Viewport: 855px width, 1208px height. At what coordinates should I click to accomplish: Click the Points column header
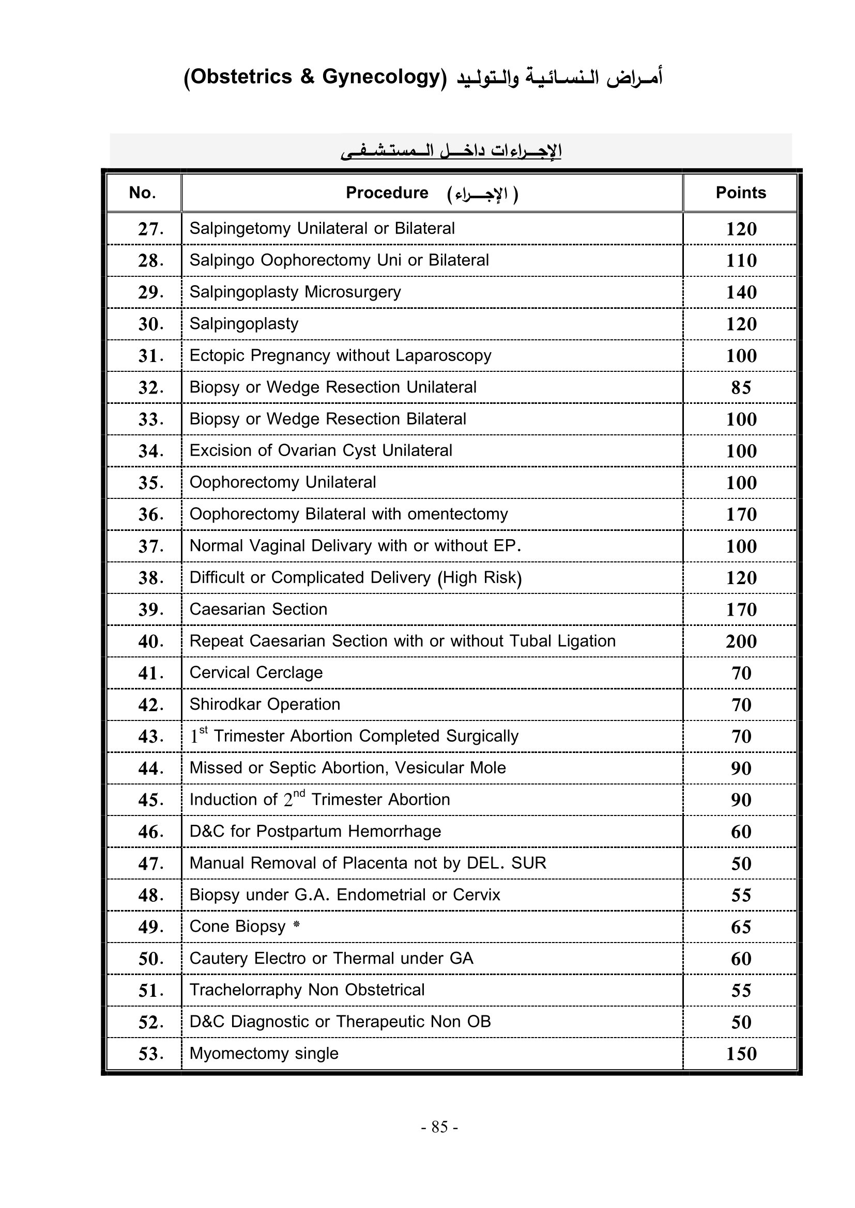(x=740, y=193)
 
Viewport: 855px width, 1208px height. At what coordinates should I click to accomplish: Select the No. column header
(x=142, y=193)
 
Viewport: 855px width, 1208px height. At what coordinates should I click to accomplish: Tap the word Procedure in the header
(x=387, y=193)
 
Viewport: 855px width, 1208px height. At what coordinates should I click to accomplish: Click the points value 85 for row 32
(x=741, y=388)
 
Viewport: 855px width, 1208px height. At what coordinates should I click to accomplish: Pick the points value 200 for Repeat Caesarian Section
(x=741, y=641)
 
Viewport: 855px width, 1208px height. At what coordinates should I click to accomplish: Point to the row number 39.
(x=150, y=610)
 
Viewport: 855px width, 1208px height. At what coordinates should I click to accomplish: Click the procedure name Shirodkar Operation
(x=265, y=704)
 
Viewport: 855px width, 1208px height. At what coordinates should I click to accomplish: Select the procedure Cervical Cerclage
(x=256, y=673)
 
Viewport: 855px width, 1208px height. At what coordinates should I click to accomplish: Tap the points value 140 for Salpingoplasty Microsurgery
(x=741, y=292)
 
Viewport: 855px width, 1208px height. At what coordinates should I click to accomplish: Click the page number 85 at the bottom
(x=439, y=1127)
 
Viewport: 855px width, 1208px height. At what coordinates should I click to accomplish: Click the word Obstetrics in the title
(x=241, y=77)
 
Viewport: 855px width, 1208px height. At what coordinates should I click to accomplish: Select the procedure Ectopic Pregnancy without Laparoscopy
(x=340, y=356)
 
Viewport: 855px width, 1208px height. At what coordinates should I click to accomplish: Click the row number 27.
(x=150, y=229)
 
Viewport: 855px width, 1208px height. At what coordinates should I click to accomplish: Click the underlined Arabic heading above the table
(x=451, y=151)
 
